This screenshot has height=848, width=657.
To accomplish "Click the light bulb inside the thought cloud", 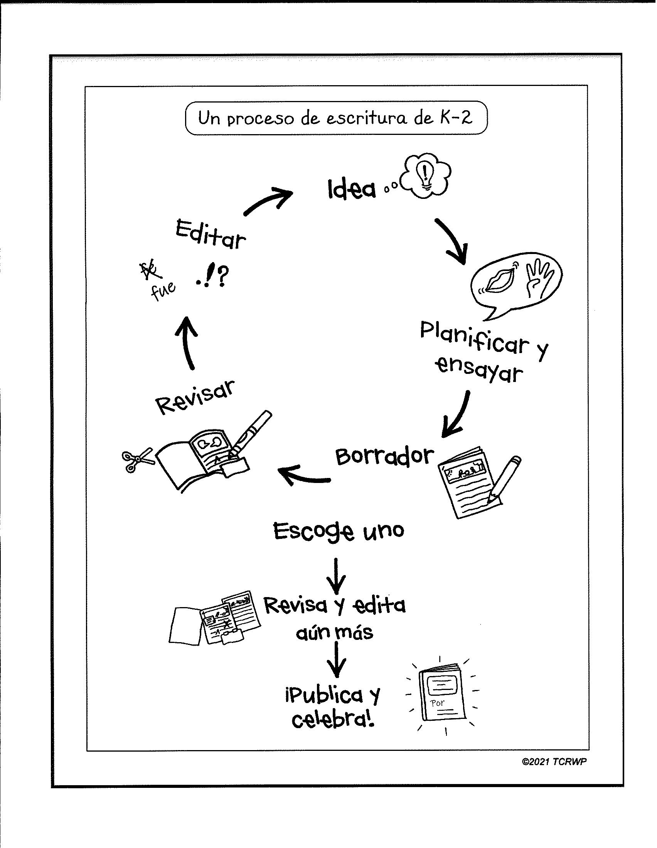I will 426,174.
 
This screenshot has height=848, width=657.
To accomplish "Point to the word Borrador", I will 384,456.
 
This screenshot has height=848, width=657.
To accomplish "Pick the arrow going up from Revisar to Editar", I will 188,342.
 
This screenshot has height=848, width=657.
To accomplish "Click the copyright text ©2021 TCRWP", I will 554,762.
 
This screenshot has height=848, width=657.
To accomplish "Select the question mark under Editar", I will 223,276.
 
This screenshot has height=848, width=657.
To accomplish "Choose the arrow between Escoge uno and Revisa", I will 336,577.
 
